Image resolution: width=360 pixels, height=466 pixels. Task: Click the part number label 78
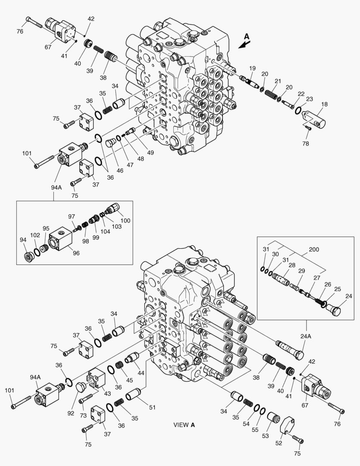305,144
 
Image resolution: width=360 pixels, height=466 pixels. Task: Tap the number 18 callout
324,104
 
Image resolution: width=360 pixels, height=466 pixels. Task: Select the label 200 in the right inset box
314,249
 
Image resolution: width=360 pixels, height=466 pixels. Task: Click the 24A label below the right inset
306,337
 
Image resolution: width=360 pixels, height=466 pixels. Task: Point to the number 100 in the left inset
125,220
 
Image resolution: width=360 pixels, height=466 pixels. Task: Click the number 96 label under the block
76,253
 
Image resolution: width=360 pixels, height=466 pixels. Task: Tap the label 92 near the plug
71,413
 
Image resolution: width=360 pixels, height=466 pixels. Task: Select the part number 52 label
279,443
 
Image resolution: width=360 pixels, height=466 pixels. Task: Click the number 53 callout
265,436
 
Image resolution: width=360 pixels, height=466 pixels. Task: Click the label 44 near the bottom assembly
141,373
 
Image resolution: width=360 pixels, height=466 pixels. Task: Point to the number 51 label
152,407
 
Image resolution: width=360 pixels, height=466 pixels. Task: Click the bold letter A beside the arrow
247,37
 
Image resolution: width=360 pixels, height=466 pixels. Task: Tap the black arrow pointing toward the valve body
244,44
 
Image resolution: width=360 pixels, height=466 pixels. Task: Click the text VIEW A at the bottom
184,425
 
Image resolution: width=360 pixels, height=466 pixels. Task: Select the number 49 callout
150,152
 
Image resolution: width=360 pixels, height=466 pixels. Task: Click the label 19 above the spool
252,68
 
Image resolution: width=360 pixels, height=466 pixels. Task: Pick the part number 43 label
107,394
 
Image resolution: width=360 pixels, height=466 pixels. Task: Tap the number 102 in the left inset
35,235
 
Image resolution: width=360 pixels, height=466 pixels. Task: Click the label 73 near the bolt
83,416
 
